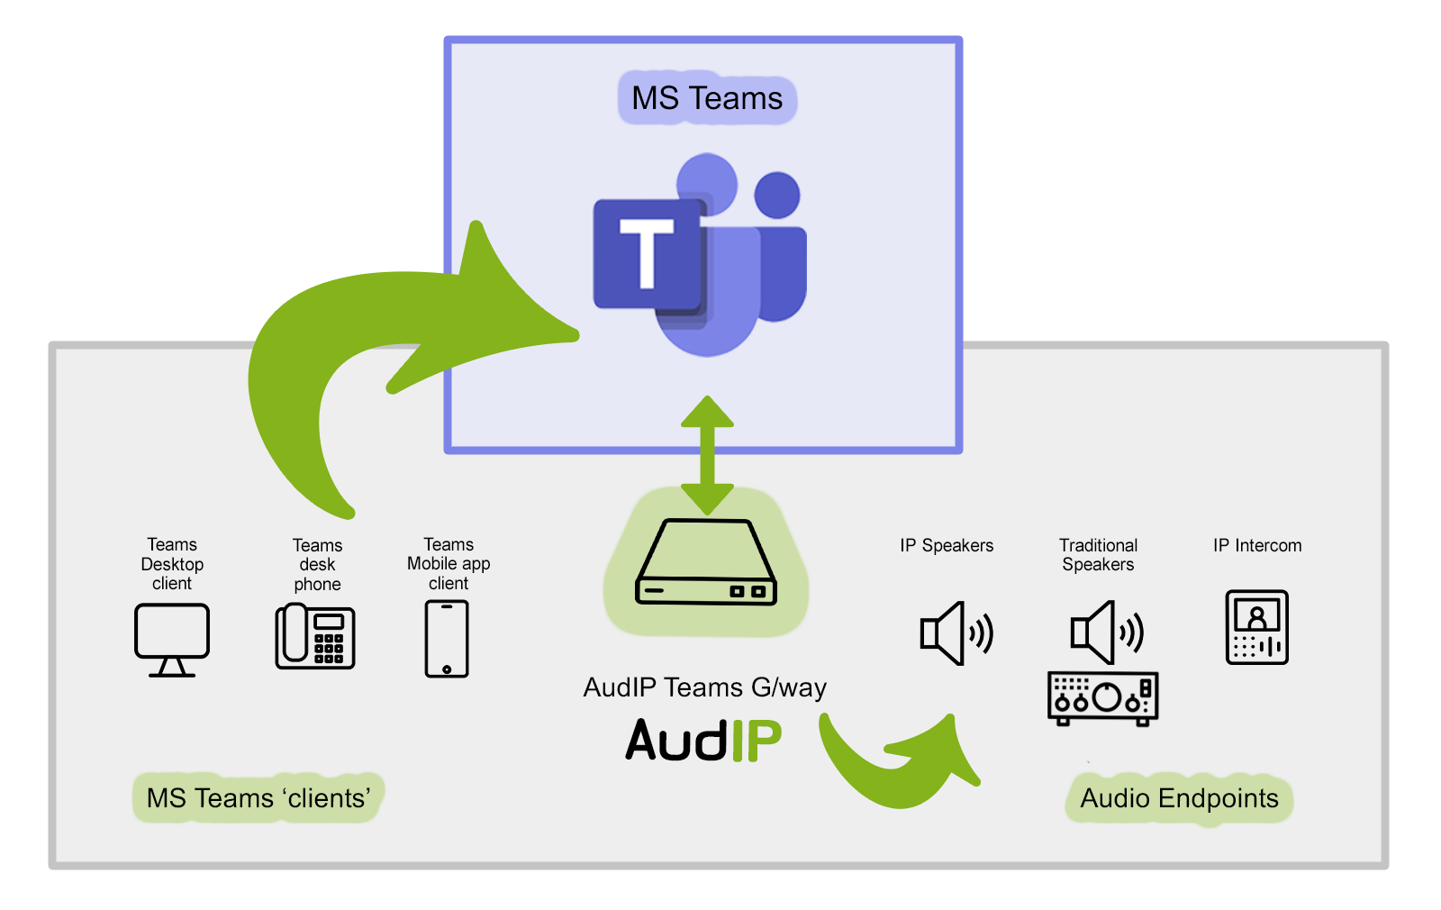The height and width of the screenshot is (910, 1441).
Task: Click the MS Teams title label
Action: (707, 98)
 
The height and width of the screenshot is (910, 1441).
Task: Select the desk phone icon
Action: (315, 636)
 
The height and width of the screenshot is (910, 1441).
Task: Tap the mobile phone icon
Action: (447, 638)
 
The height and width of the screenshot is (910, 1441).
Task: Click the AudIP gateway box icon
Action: (706, 562)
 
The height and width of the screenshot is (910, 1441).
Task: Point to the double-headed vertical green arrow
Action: (707, 455)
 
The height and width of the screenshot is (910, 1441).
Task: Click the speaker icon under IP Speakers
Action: (956, 632)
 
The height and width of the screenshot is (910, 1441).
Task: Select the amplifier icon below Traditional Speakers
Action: (1102, 698)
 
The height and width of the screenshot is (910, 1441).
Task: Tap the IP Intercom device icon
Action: (1256, 627)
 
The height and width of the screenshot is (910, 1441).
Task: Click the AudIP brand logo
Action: (703, 741)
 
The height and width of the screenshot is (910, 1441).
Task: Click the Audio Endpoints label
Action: (1179, 798)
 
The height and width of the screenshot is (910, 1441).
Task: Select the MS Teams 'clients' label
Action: (258, 798)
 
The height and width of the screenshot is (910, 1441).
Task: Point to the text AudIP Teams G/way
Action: (704, 687)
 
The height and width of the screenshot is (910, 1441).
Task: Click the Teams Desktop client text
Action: (172, 564)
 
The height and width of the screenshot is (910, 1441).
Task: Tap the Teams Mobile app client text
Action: (449, 564)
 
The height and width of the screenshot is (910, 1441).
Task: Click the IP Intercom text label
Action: (1256, 545)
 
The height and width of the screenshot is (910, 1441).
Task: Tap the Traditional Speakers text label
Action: (1098, 555)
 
